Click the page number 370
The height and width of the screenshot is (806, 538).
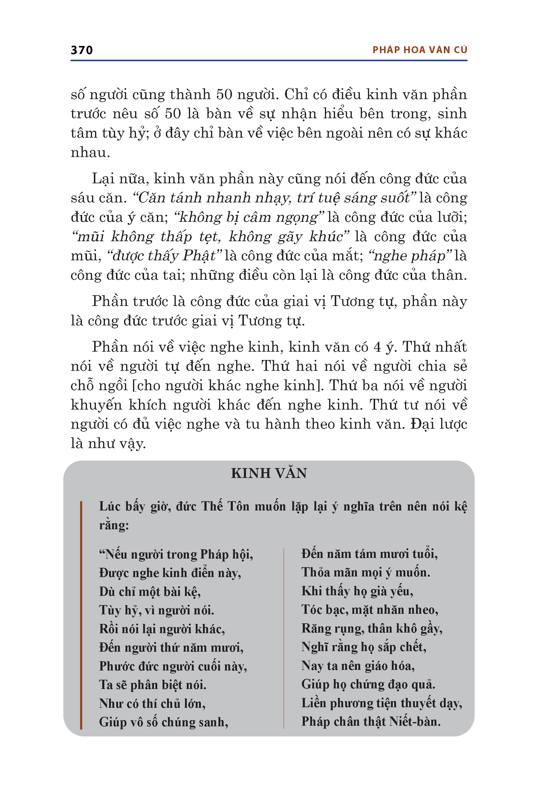pos(82,50)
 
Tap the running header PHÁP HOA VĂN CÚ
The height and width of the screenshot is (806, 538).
pos(420,50)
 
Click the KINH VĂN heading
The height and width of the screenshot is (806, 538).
pos(269,473)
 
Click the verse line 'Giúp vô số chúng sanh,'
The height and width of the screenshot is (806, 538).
pos(164,722)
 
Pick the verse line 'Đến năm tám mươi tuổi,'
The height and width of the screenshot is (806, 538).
pos(369,554)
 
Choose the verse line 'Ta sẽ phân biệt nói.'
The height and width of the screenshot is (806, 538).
pos(153,685)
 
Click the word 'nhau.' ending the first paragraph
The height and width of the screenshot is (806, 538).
pos(90,153)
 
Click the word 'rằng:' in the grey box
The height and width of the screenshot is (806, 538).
pos(114,525)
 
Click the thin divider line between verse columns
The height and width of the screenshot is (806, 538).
pos(284,637)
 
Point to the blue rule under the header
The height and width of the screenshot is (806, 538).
pos(269,61)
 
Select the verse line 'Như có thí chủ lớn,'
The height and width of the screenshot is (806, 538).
pos(152,704)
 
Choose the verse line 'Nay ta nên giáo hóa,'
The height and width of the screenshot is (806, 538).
pos(358,665)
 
